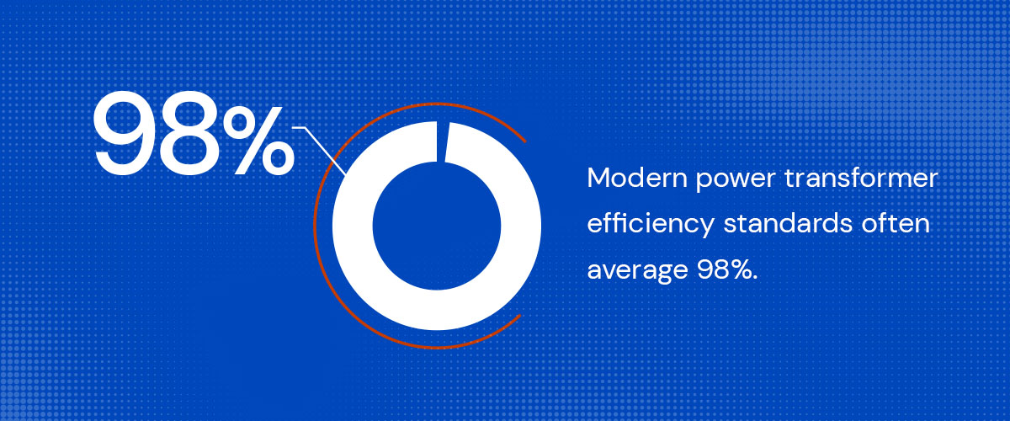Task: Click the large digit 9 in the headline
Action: click(122, 133)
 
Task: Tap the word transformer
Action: click(861, 178)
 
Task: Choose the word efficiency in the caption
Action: click(651, 224)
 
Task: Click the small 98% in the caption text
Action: click(725, 269)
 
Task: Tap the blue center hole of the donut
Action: click(437, 226)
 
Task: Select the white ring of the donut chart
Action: click(353, 226)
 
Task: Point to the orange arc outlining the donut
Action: click(314, 226)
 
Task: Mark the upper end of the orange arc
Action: click(525, 141)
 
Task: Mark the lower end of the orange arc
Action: click(520, 316)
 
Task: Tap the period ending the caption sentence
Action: click(755, 278)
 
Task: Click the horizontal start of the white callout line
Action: click(293, 128)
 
